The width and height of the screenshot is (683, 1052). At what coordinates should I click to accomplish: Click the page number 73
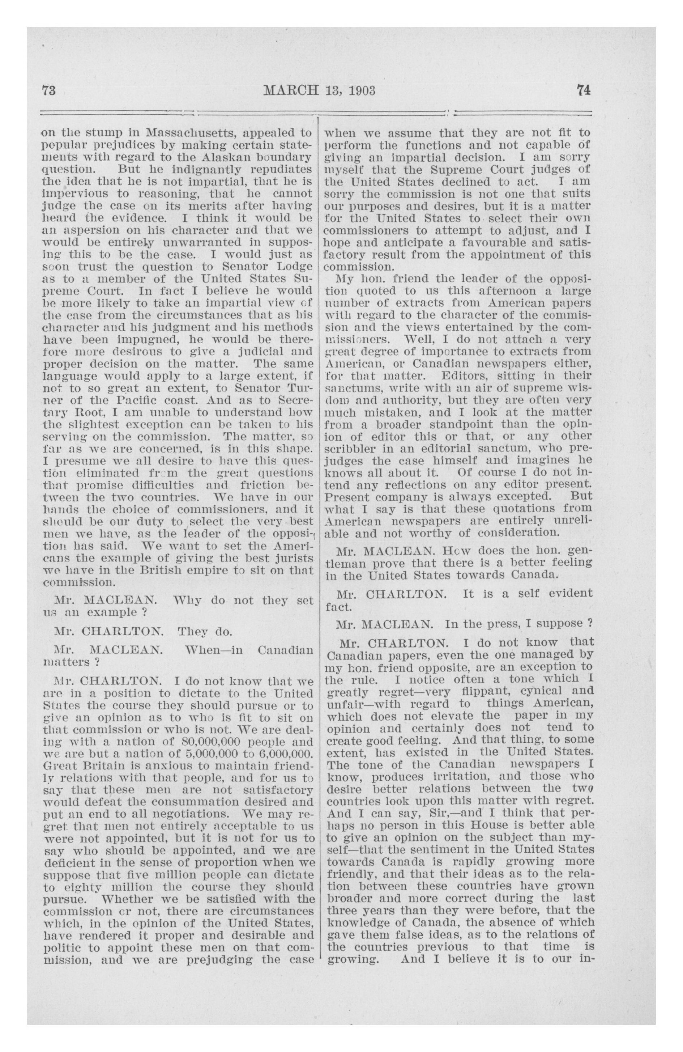pos(48,90)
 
